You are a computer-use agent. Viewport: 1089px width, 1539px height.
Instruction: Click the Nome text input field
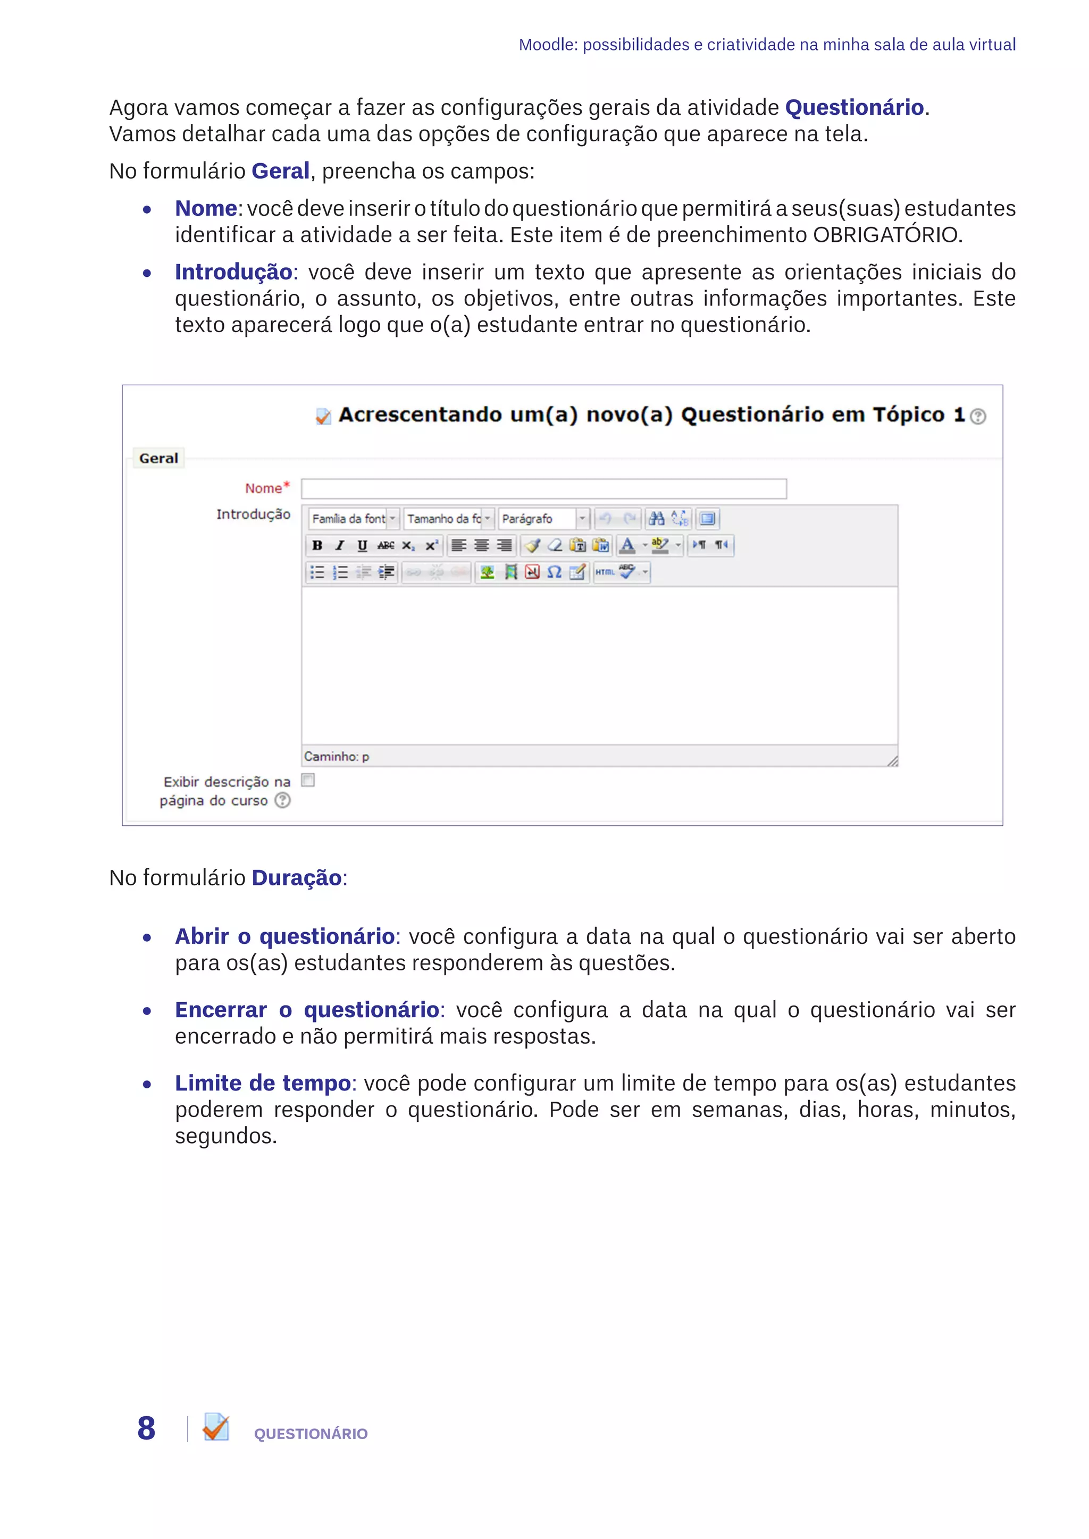(x=543, y=489)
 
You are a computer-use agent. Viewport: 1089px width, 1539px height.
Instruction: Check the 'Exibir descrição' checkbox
(x=308, y=780)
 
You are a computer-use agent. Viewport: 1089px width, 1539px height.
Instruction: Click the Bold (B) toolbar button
(x=317, y=545)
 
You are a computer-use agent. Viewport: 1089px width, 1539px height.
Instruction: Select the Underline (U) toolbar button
(x=362, y=545)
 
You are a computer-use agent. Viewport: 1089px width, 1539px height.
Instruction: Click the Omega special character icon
(x=554, y=572)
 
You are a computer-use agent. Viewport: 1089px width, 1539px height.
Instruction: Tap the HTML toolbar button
(x=604, y=572)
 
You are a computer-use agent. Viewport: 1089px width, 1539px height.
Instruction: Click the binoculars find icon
(x=657, y=518)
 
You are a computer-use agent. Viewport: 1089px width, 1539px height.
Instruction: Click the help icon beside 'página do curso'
(x=283, y=800)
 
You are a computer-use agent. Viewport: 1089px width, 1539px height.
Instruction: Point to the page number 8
(x=146, y=1428)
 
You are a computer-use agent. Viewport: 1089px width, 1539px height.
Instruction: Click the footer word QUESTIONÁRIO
(x=311, y=1434)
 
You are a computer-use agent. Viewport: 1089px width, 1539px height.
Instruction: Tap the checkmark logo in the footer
(x=216, y=1427)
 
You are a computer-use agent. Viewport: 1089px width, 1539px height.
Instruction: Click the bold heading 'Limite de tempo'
(x=263, y=1083)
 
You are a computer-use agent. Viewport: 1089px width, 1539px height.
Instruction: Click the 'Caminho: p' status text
(x=337, y=757)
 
